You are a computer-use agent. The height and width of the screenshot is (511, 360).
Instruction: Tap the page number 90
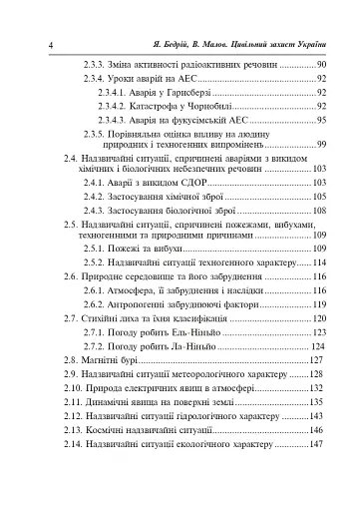tap(321, 65)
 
